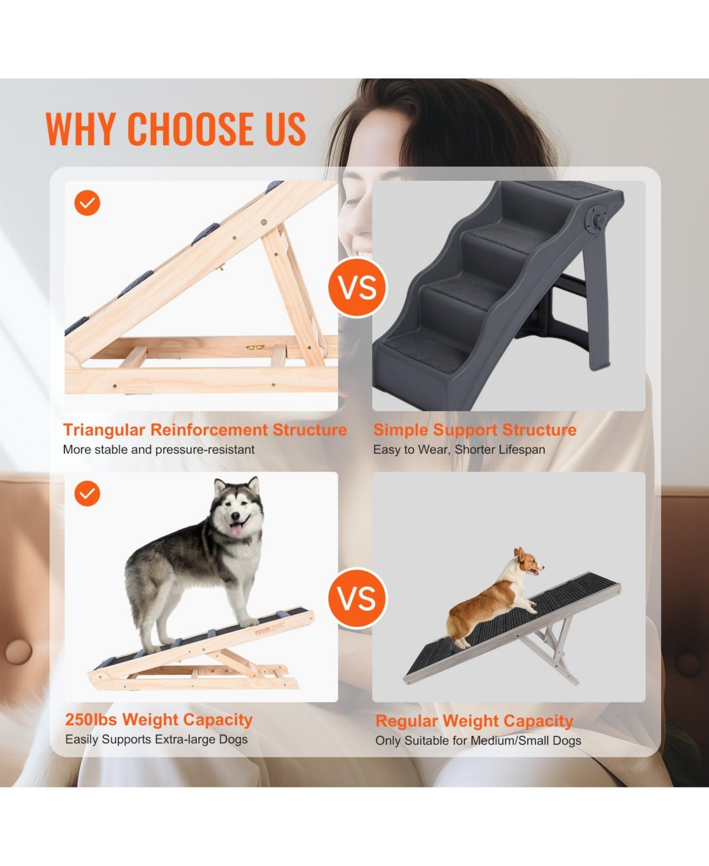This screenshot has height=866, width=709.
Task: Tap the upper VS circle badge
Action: pos(357,288)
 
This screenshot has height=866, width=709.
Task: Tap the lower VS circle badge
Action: pos(357,598)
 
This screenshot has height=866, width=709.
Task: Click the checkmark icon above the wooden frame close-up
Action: pos(87,203)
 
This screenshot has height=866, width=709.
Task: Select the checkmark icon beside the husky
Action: pos(87,493)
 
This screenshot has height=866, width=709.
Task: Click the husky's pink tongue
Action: pos(238,529)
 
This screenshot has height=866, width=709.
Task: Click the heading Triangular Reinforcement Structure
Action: pos(205,430)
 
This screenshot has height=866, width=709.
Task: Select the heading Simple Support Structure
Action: pos(474,430)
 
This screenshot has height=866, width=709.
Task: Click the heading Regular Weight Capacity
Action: pos(474,721)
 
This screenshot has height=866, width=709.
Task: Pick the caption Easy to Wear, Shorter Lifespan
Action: pos(459,450)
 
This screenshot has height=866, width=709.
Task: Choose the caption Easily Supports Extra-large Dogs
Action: pos(157,740)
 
